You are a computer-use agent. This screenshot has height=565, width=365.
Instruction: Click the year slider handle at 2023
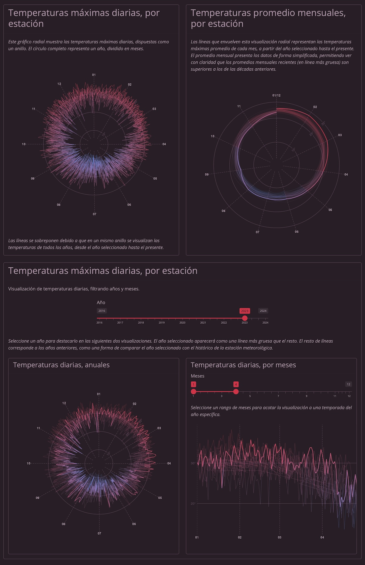pyautogui.click(x=245, y=318)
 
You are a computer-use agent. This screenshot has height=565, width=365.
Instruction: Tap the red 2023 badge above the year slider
pyautogui.click(x=245, y=311)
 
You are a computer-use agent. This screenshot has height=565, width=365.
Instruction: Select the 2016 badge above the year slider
pyautogui.click(x=102, y=311)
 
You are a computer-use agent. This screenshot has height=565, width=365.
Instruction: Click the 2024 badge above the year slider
pyautogui.click(x=263, y=311)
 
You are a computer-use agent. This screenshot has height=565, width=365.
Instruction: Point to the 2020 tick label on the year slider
pyautogui.click(x=182, y=323)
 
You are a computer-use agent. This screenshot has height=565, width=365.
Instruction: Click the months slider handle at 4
pyautogui.click(x=236, y=391)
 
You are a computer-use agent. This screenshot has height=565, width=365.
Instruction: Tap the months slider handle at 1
pyautogui.click(x=193, y=391)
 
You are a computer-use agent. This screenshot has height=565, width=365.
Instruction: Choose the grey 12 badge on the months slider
pyautogui.click(x=349, y=384)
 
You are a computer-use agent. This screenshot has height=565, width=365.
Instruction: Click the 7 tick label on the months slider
pyautogui.click(x=278, y=396)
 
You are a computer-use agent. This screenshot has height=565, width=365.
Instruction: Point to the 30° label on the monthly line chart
pyautogui.click(x=193, y=463)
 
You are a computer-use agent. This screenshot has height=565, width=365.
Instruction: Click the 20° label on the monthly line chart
pyautogui.click(x=193, y=504)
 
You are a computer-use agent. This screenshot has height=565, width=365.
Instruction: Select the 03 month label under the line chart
pyautogui.click(x=280, y=537)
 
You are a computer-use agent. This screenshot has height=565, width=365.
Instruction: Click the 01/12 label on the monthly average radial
pyautogui.click(x=276, y=95)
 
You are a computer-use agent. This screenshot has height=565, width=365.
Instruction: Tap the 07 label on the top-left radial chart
pyautogui.click(x=95, y=214)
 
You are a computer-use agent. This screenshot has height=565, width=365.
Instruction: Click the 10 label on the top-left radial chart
pyautogui.click(x=24, y=144)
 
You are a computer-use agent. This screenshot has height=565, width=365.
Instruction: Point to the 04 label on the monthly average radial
pyautogui.click(x=346, y=175)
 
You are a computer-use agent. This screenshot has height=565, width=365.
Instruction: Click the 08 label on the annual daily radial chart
pyautogui.click(x=64, y=524)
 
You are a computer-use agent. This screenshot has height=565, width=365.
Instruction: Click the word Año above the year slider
pyautogui.click(x=101, y=303)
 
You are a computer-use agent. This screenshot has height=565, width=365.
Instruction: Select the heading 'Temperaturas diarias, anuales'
pyautogui.click(x=61, y=365)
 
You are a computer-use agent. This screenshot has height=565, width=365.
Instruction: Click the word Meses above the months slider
pyautogui.click(x=197, y=376)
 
